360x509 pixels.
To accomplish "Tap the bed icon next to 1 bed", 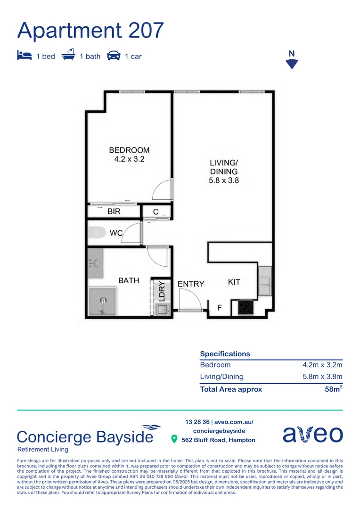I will pos(24,56).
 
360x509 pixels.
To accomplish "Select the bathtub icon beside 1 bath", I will pos(69,55).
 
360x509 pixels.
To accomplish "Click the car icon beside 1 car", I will pos(114,56).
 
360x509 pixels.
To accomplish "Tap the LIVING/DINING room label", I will pos(224,171).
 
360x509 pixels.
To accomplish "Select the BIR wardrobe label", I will pos(114,212).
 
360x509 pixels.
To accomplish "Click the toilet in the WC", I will pos(97,232).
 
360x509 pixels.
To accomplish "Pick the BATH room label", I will pos(129,280).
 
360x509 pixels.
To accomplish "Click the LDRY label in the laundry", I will pos(162,291).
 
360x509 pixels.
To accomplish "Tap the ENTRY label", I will pos(191,284).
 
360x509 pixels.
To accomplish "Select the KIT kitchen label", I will pos(234,282).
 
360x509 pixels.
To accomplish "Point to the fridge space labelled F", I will pos(219,308).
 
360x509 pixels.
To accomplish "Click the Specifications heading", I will pos(225,353).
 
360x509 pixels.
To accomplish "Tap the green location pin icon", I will pos(174,440).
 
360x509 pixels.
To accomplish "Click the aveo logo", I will pos(312,435).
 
